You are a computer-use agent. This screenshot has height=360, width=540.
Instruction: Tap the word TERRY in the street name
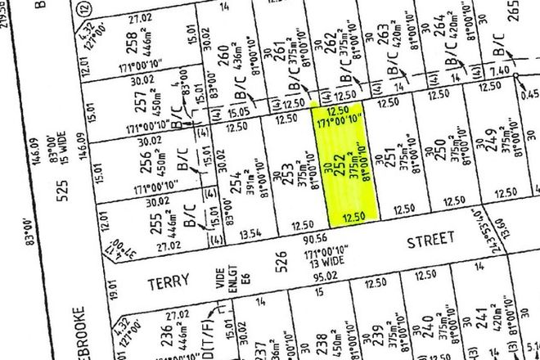coord(168,280)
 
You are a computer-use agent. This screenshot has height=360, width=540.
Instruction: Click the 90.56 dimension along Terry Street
coord(285,240)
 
